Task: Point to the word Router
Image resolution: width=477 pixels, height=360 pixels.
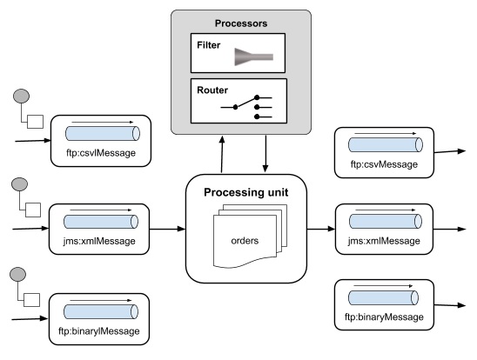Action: [x=210, y=90]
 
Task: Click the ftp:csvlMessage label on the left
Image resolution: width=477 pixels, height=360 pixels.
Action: [x=101, y=155]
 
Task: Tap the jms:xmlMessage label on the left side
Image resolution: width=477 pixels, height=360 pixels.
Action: [x=101, y=240]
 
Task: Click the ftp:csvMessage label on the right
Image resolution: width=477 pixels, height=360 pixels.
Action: [x=384, y=163]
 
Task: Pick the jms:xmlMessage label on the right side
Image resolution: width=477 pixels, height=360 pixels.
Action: [x=384, y=240]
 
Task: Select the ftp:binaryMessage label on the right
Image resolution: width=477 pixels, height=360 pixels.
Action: [x=384, y=318]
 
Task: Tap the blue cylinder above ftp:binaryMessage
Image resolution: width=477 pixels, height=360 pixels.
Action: [x=384, y=299]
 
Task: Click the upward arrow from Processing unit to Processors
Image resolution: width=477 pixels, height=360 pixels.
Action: [x=223, y=154]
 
